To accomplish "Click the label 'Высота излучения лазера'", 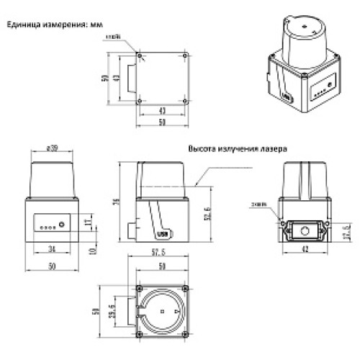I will click(x=237, y=149).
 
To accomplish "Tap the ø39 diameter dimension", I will click(x=52, y=148).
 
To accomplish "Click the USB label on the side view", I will click(x=163, y=234).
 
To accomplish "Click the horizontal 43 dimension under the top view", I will click(x=163, y=111).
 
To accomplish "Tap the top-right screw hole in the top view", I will click(x=186, y=56).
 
